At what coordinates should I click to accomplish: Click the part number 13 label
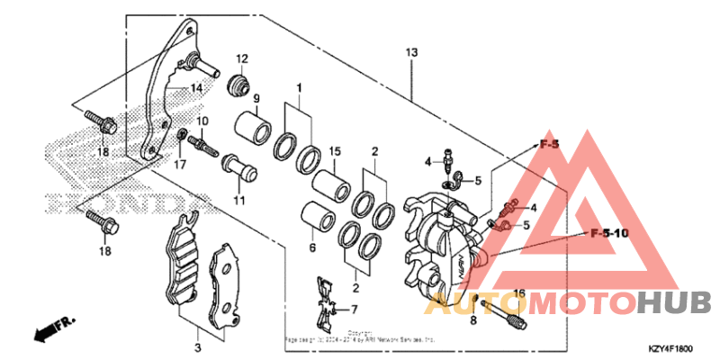pos(411,54)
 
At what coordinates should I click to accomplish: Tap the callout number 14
pos(195,89)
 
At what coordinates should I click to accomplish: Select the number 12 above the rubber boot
pos(242,59)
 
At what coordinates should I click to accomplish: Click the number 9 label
pos(256,98)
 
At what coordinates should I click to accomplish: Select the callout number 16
pos(518,293)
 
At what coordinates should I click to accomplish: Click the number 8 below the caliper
pos(473,319)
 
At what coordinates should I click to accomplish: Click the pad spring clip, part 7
pos(326,304)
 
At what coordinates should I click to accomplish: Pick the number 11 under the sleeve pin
pos(240,200)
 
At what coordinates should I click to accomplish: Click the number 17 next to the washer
pos(180,165)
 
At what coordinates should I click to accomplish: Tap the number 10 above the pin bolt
pos(202,121)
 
